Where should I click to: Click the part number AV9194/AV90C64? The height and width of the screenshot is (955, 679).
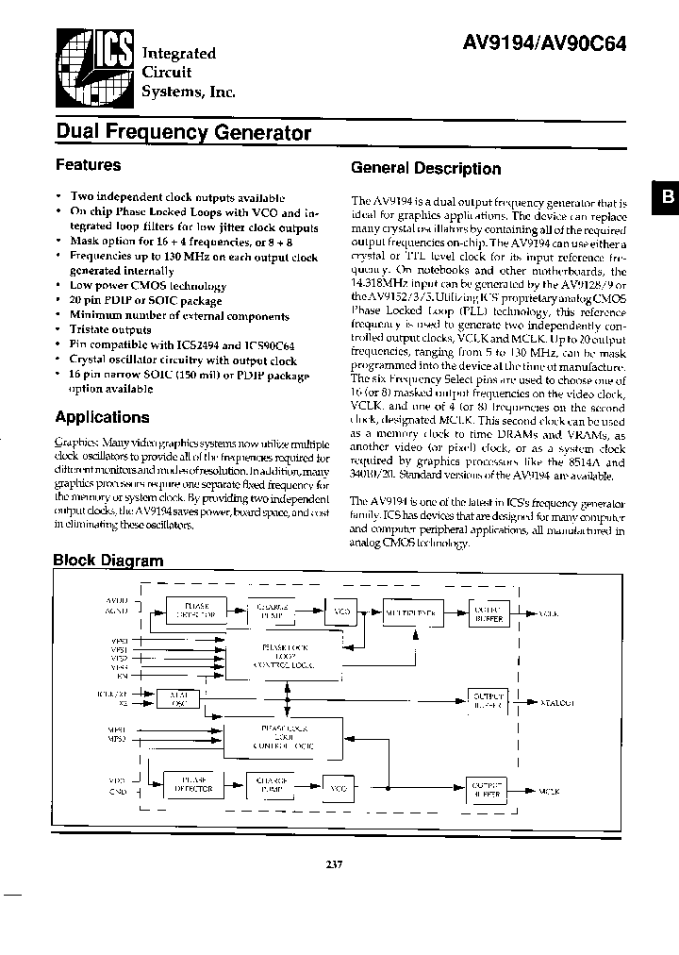click(545, 43)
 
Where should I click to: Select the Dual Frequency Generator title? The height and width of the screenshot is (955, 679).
click(183, 132)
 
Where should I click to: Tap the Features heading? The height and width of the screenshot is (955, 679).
click(89, 165)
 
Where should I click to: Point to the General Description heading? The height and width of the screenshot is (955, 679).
click(425, 169)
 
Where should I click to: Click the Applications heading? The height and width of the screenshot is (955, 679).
click(102, 417)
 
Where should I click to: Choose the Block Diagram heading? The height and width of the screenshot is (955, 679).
click(108, 560)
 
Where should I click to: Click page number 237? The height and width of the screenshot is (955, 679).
click(338, 863)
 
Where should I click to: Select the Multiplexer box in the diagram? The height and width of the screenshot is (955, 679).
click(412, 612)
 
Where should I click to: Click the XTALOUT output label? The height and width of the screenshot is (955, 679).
click(556, 703)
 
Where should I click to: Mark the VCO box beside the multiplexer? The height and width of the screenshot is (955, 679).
click(342, 612)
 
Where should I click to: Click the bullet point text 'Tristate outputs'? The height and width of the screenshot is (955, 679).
click(110, 330)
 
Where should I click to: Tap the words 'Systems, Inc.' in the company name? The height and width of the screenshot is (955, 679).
click(189, 92)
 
